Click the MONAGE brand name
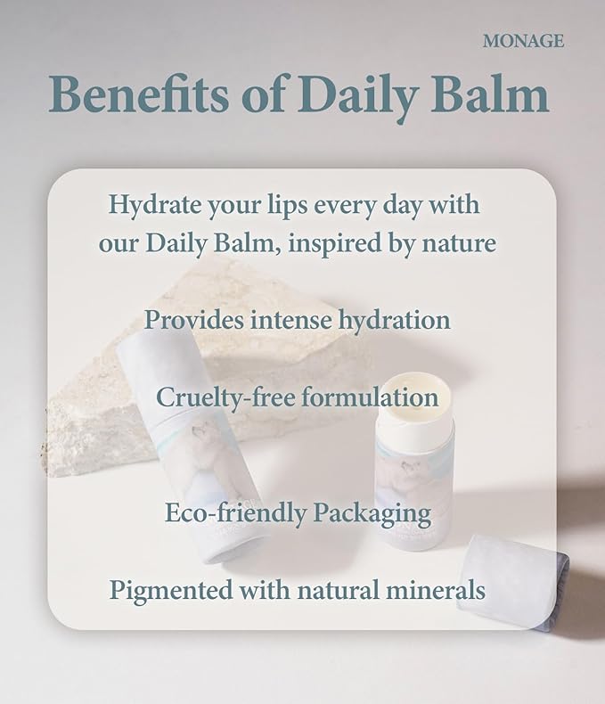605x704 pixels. pyautogui.click(x=523, y=41)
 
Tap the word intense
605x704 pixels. pyautogui.click(x=287, y=319)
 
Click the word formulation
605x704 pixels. pyautogui.click(x=369, y=397)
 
